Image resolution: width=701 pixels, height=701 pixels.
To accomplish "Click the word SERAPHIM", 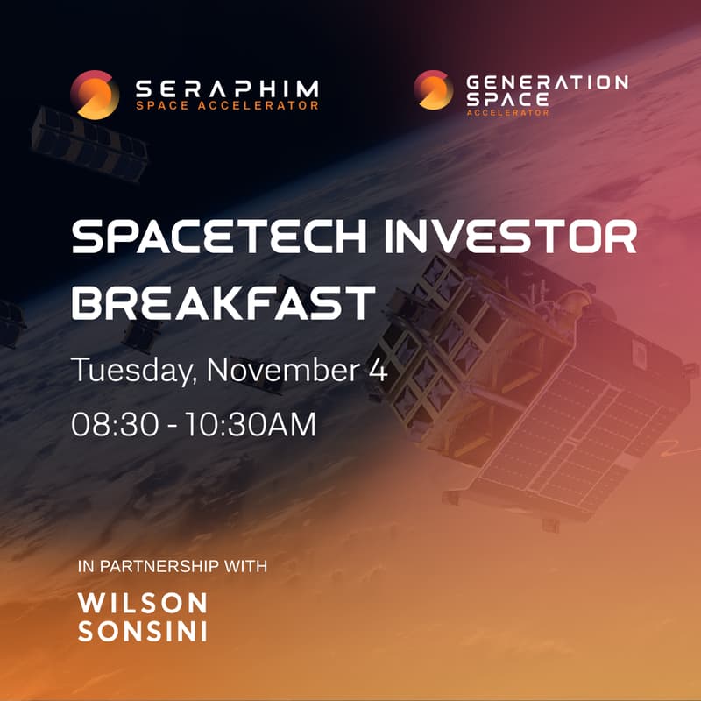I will [227, 89].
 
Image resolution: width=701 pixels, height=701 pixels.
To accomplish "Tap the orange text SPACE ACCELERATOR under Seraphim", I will [227, 107].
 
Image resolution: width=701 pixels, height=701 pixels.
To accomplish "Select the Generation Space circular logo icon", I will [434, 89].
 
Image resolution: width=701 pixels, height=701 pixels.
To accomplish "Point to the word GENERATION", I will [547, 83].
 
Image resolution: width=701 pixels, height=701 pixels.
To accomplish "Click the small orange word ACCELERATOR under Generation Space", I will [508, 113].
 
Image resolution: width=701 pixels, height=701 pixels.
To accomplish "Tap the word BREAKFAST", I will [222, 301].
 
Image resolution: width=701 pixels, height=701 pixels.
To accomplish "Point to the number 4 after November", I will [374, 369].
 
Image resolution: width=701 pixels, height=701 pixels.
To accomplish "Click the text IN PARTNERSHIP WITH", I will [173, 566].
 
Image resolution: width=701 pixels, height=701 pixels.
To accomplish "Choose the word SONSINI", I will [143, 631].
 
